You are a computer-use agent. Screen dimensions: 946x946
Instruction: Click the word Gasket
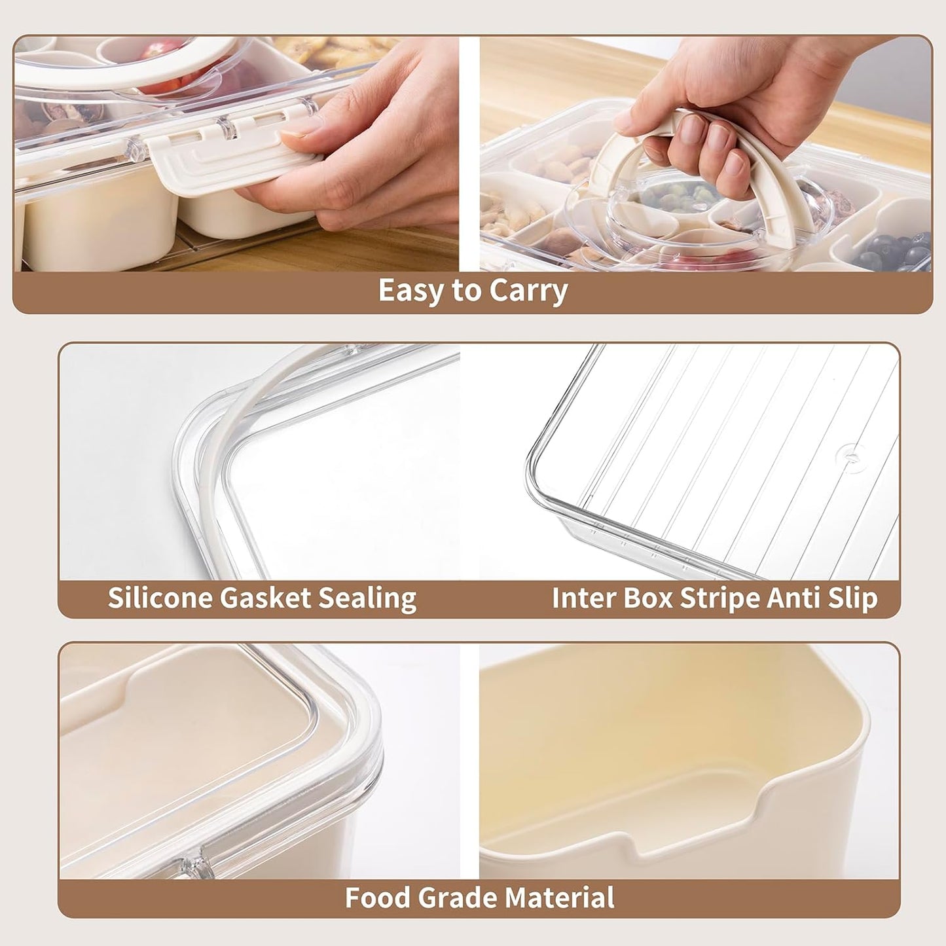265,598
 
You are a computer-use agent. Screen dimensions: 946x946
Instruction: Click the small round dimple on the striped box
852,454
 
